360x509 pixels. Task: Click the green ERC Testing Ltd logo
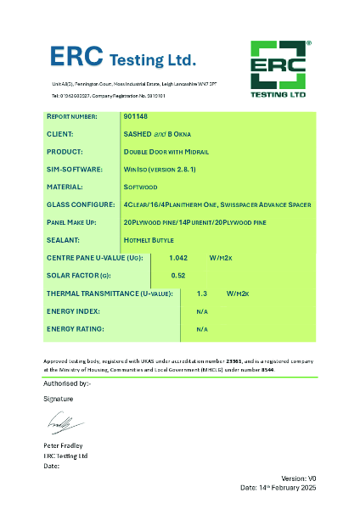tap(281, 69)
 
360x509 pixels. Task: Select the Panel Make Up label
tap(74, 222)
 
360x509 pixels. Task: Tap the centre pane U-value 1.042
tap(178, 257)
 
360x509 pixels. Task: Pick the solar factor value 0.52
tap(178, 275)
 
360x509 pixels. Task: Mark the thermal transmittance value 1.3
tap(201, 293)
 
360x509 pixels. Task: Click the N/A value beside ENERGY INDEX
tap(201, 310)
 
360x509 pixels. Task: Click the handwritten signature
tap(61, 422)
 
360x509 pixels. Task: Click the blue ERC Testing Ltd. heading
tap(122, 57)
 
